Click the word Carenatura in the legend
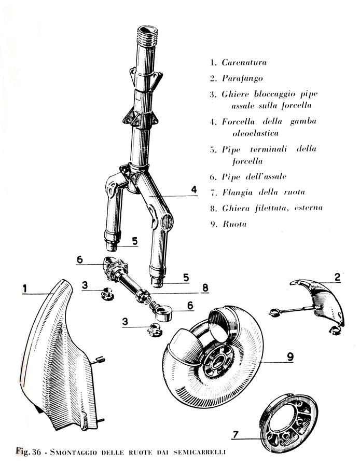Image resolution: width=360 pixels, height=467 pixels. [x=244, y=63]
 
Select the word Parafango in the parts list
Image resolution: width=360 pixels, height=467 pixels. [x=242, y=79]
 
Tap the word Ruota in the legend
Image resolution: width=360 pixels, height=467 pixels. [x=234, y=224]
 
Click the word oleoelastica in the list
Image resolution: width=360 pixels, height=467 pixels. [x=255, y=133]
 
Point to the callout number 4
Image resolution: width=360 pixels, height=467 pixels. [x=194, y=190]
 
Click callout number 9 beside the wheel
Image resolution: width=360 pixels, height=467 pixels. [x=290, y=357]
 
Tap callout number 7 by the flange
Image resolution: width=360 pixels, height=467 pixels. [x=236, y=434]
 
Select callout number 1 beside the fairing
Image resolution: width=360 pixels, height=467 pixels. [x=25, y=289]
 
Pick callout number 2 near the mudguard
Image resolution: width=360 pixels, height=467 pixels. [x=337, y=277]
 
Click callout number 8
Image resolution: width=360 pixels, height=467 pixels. [x=205, y=288]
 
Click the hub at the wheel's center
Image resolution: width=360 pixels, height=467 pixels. [x=217, y=362]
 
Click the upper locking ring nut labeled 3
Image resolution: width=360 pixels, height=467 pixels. [x=107, y=294]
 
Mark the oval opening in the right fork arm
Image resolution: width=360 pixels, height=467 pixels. [x=168, y=222]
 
